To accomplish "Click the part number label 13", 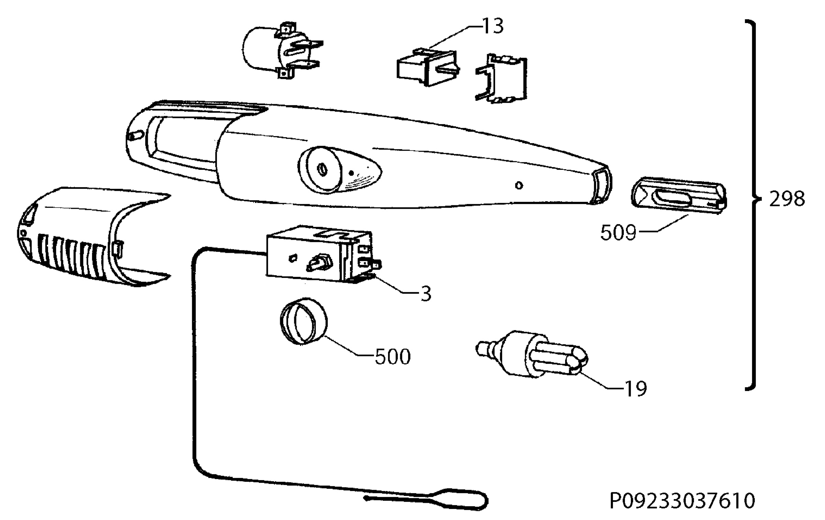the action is click(x=493, y=26).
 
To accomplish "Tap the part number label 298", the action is click(x=787, y=199).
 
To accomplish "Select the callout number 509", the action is click(x=618, y=233).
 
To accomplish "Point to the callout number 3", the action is click(x=426, y=294).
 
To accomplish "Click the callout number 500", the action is click(x=393, y=357).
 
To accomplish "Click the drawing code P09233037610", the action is click(x=682, y=501).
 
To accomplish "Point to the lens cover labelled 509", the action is click(x=679, y=195).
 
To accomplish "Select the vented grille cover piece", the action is click(x=93, y=237).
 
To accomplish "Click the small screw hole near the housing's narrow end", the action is click(x=519, y=186).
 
